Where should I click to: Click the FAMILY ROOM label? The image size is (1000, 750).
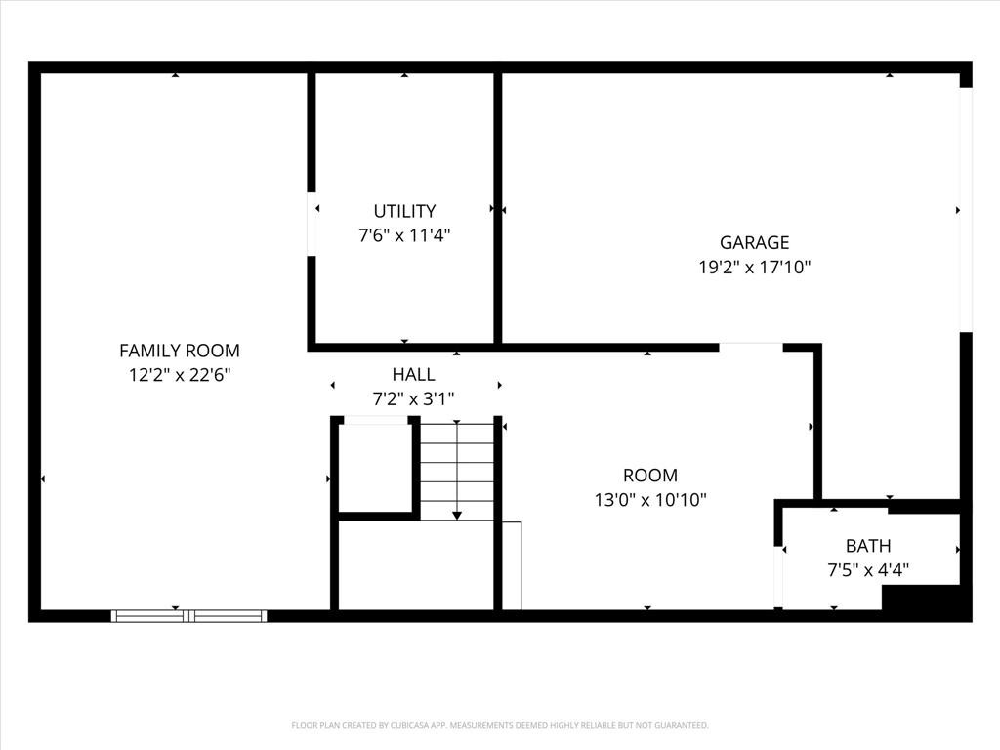click(x=179, y=351)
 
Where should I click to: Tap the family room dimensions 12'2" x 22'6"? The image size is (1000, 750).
click(x=179, y=374)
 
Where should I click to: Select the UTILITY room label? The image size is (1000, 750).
click(x=404, y=211)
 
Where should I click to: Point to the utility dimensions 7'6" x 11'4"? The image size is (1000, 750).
click(x=404, y=235)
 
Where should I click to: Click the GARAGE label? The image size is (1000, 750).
click(x=754, y=243)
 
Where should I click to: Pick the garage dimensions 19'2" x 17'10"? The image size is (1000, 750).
click(x=754, y=267)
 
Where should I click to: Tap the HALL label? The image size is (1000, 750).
click(x=413, y=374)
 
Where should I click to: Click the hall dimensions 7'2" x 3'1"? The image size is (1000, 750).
click(x=413, y=398)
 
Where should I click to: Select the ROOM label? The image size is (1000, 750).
click(x=650, y=476)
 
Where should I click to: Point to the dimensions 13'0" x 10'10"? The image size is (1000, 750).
click(x=650, y=500)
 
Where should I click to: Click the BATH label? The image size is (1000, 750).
click(x=868, y=546)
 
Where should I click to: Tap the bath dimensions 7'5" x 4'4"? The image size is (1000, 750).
click(x=868, y=570)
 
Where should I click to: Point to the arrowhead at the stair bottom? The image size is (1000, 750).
click(x=457, y=515)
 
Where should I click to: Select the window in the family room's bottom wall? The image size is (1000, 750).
click(x=188, y=615)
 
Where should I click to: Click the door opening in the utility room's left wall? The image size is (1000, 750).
click(x=312, y=225)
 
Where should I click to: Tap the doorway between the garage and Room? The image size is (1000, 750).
click(x=750, y=346)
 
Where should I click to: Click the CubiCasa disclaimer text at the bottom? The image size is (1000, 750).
click(x=500, y=725)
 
